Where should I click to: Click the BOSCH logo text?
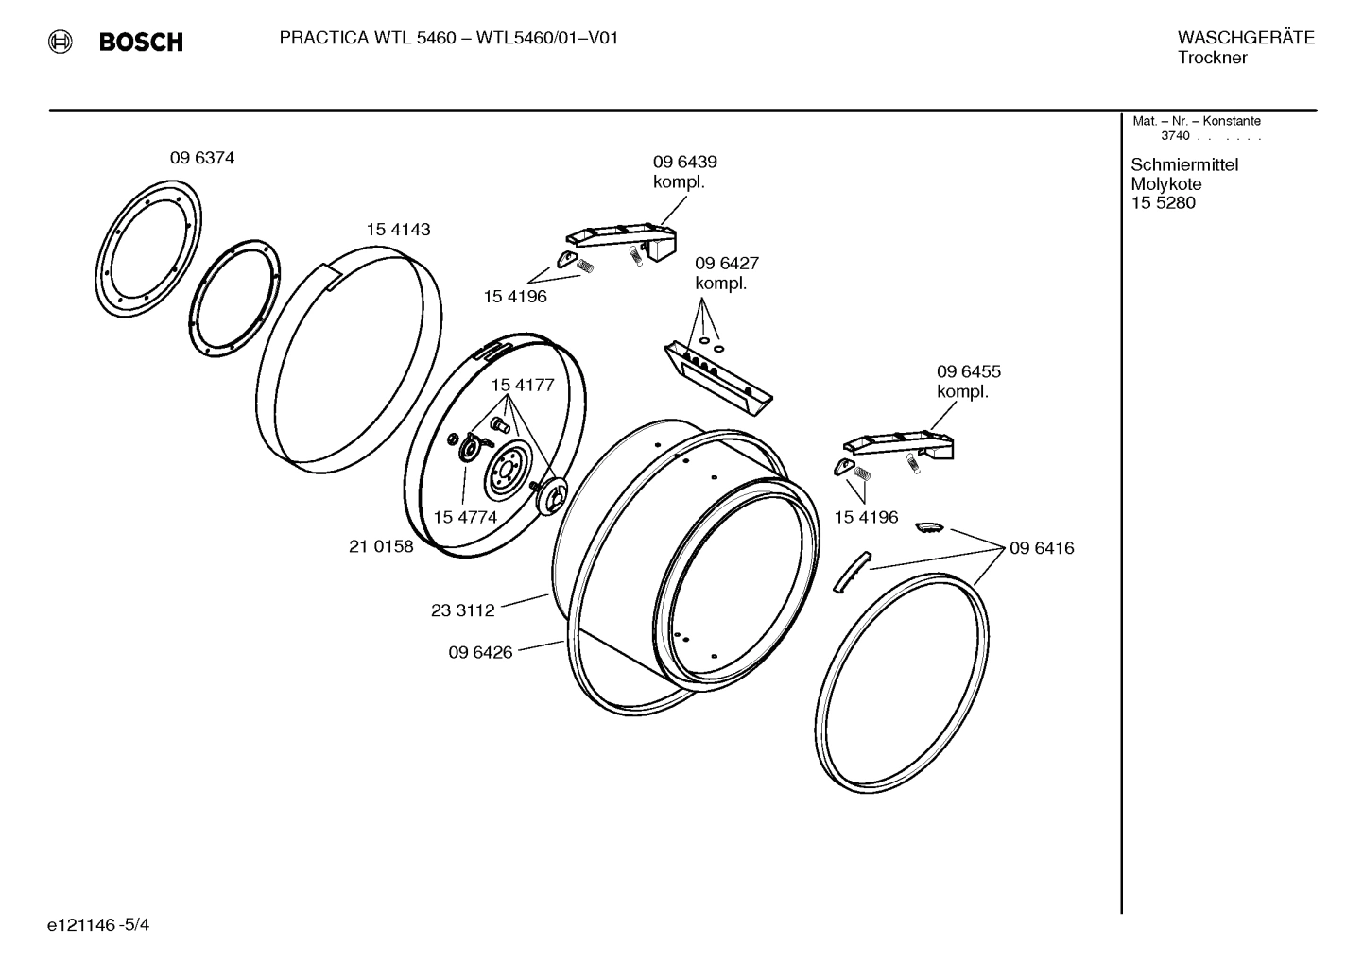tap(141, 42)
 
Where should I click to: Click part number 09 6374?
tap(201, 158)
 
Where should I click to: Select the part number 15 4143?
tap(398, 230)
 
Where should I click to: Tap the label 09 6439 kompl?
tap(684, 172)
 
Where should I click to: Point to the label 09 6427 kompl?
tap(726, 273)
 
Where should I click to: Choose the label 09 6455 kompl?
tap(968, 382)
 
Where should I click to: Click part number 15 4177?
tap(522, 385)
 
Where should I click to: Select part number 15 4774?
tap(465, 517)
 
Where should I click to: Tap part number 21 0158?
tap(381, 546)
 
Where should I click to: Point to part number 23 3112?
tap(462, 610)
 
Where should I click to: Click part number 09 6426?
tap(480, 652)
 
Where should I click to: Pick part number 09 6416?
tap(1041, 548)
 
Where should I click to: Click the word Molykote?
tap(1165, 184)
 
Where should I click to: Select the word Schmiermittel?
tap(1183, 165)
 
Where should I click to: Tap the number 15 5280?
tap(1163, 203)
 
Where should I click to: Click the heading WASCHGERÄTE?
tap(1245, 38)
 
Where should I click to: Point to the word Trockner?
tap(1212, 58)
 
